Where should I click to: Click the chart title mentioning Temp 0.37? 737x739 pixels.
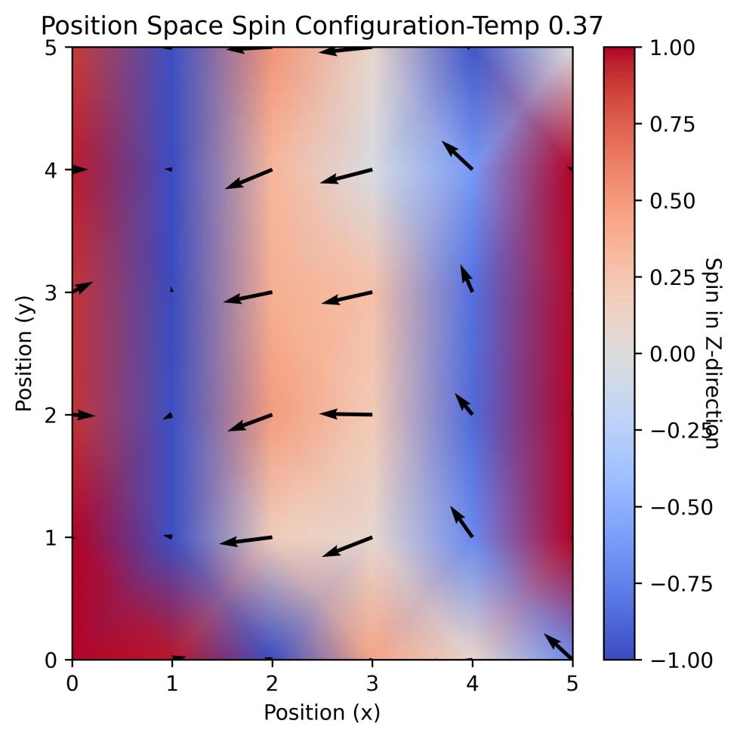click(x=322, y=26)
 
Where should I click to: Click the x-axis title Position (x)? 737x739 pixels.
click(x=322, y=712)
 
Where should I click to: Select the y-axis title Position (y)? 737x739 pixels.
click(x=24, y=354)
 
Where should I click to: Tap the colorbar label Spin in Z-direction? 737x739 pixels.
click(x=713, y=354)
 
